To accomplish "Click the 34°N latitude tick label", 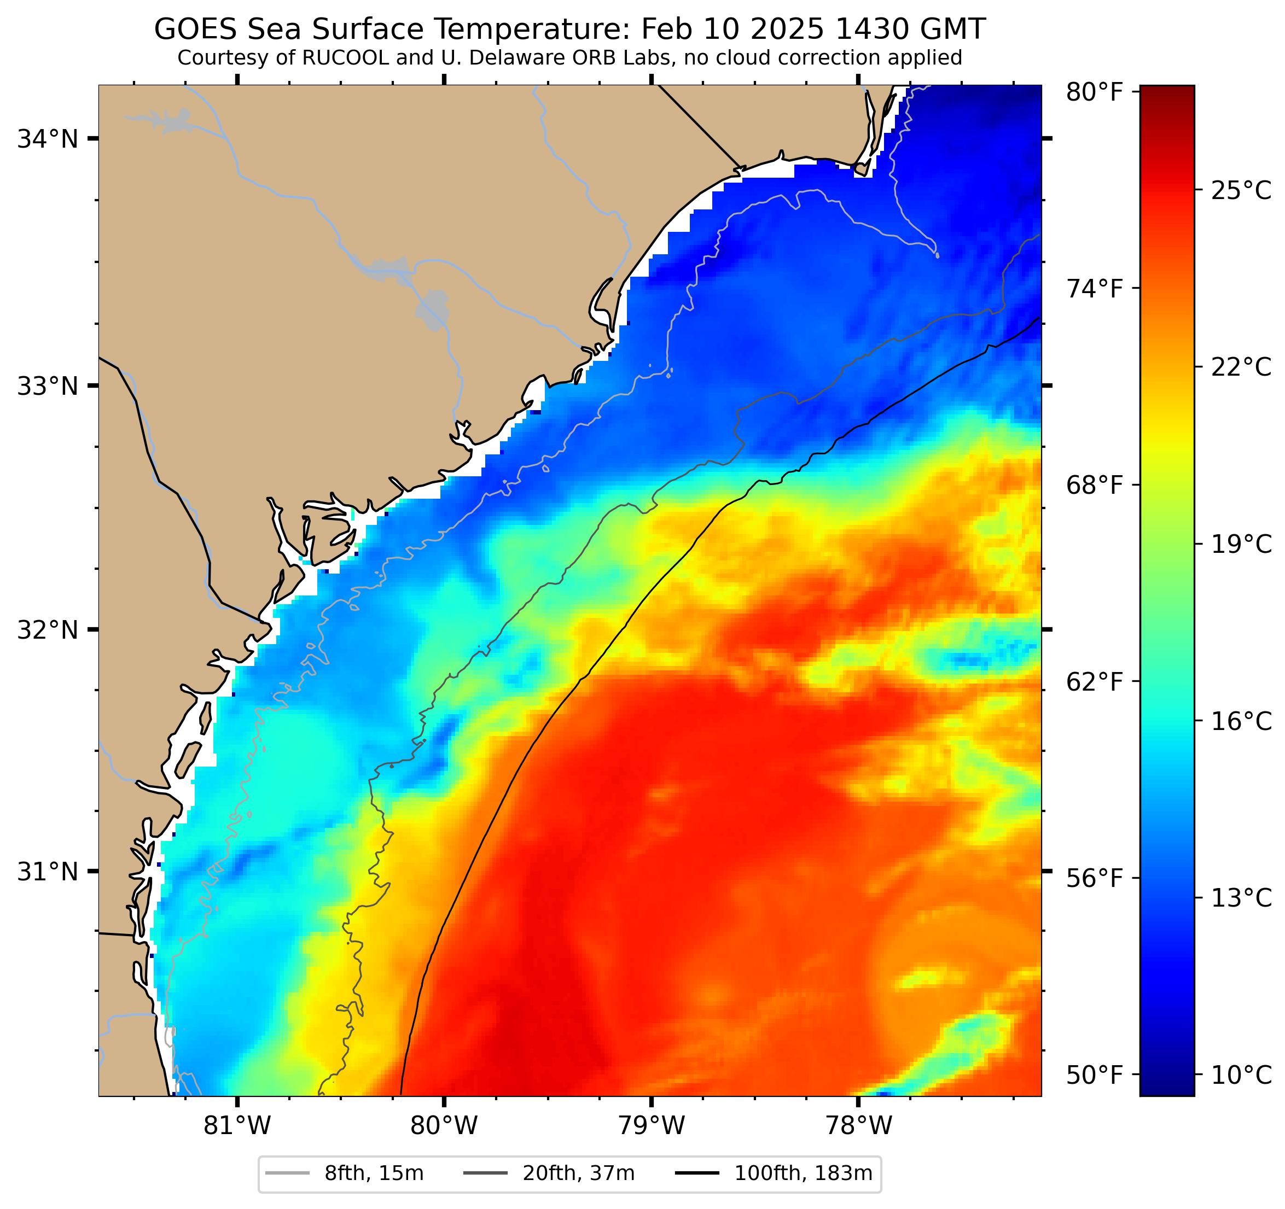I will (47, 139).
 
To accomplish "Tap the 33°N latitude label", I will (47, 387).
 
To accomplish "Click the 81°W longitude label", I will (237, 1126).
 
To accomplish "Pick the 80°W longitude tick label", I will (444, 1126).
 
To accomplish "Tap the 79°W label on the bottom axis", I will (651, 1126).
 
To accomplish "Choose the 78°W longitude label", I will (858, 1126).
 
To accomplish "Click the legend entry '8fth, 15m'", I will (374, 1173).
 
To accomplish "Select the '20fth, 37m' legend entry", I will (578, 1173).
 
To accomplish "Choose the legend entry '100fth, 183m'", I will (803, 1173).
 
